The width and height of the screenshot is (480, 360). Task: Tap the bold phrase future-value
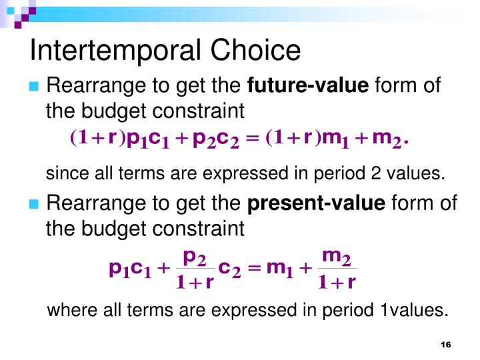[x=307, y=86]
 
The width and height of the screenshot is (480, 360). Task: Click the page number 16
[x=446, y=344]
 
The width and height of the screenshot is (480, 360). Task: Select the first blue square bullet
[x=35, y=87]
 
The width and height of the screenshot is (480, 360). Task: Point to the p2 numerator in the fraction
[x=195, y=256]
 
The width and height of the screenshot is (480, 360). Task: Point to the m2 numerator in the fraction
[x=337, y=256]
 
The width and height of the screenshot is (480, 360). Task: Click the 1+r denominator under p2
[x=195, y=283]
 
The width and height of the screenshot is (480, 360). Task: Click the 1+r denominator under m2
[x=337, y=283]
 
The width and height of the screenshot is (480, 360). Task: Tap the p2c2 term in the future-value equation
[x=215, y=139]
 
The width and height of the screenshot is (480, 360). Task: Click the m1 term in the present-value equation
[x=280, y=269]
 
